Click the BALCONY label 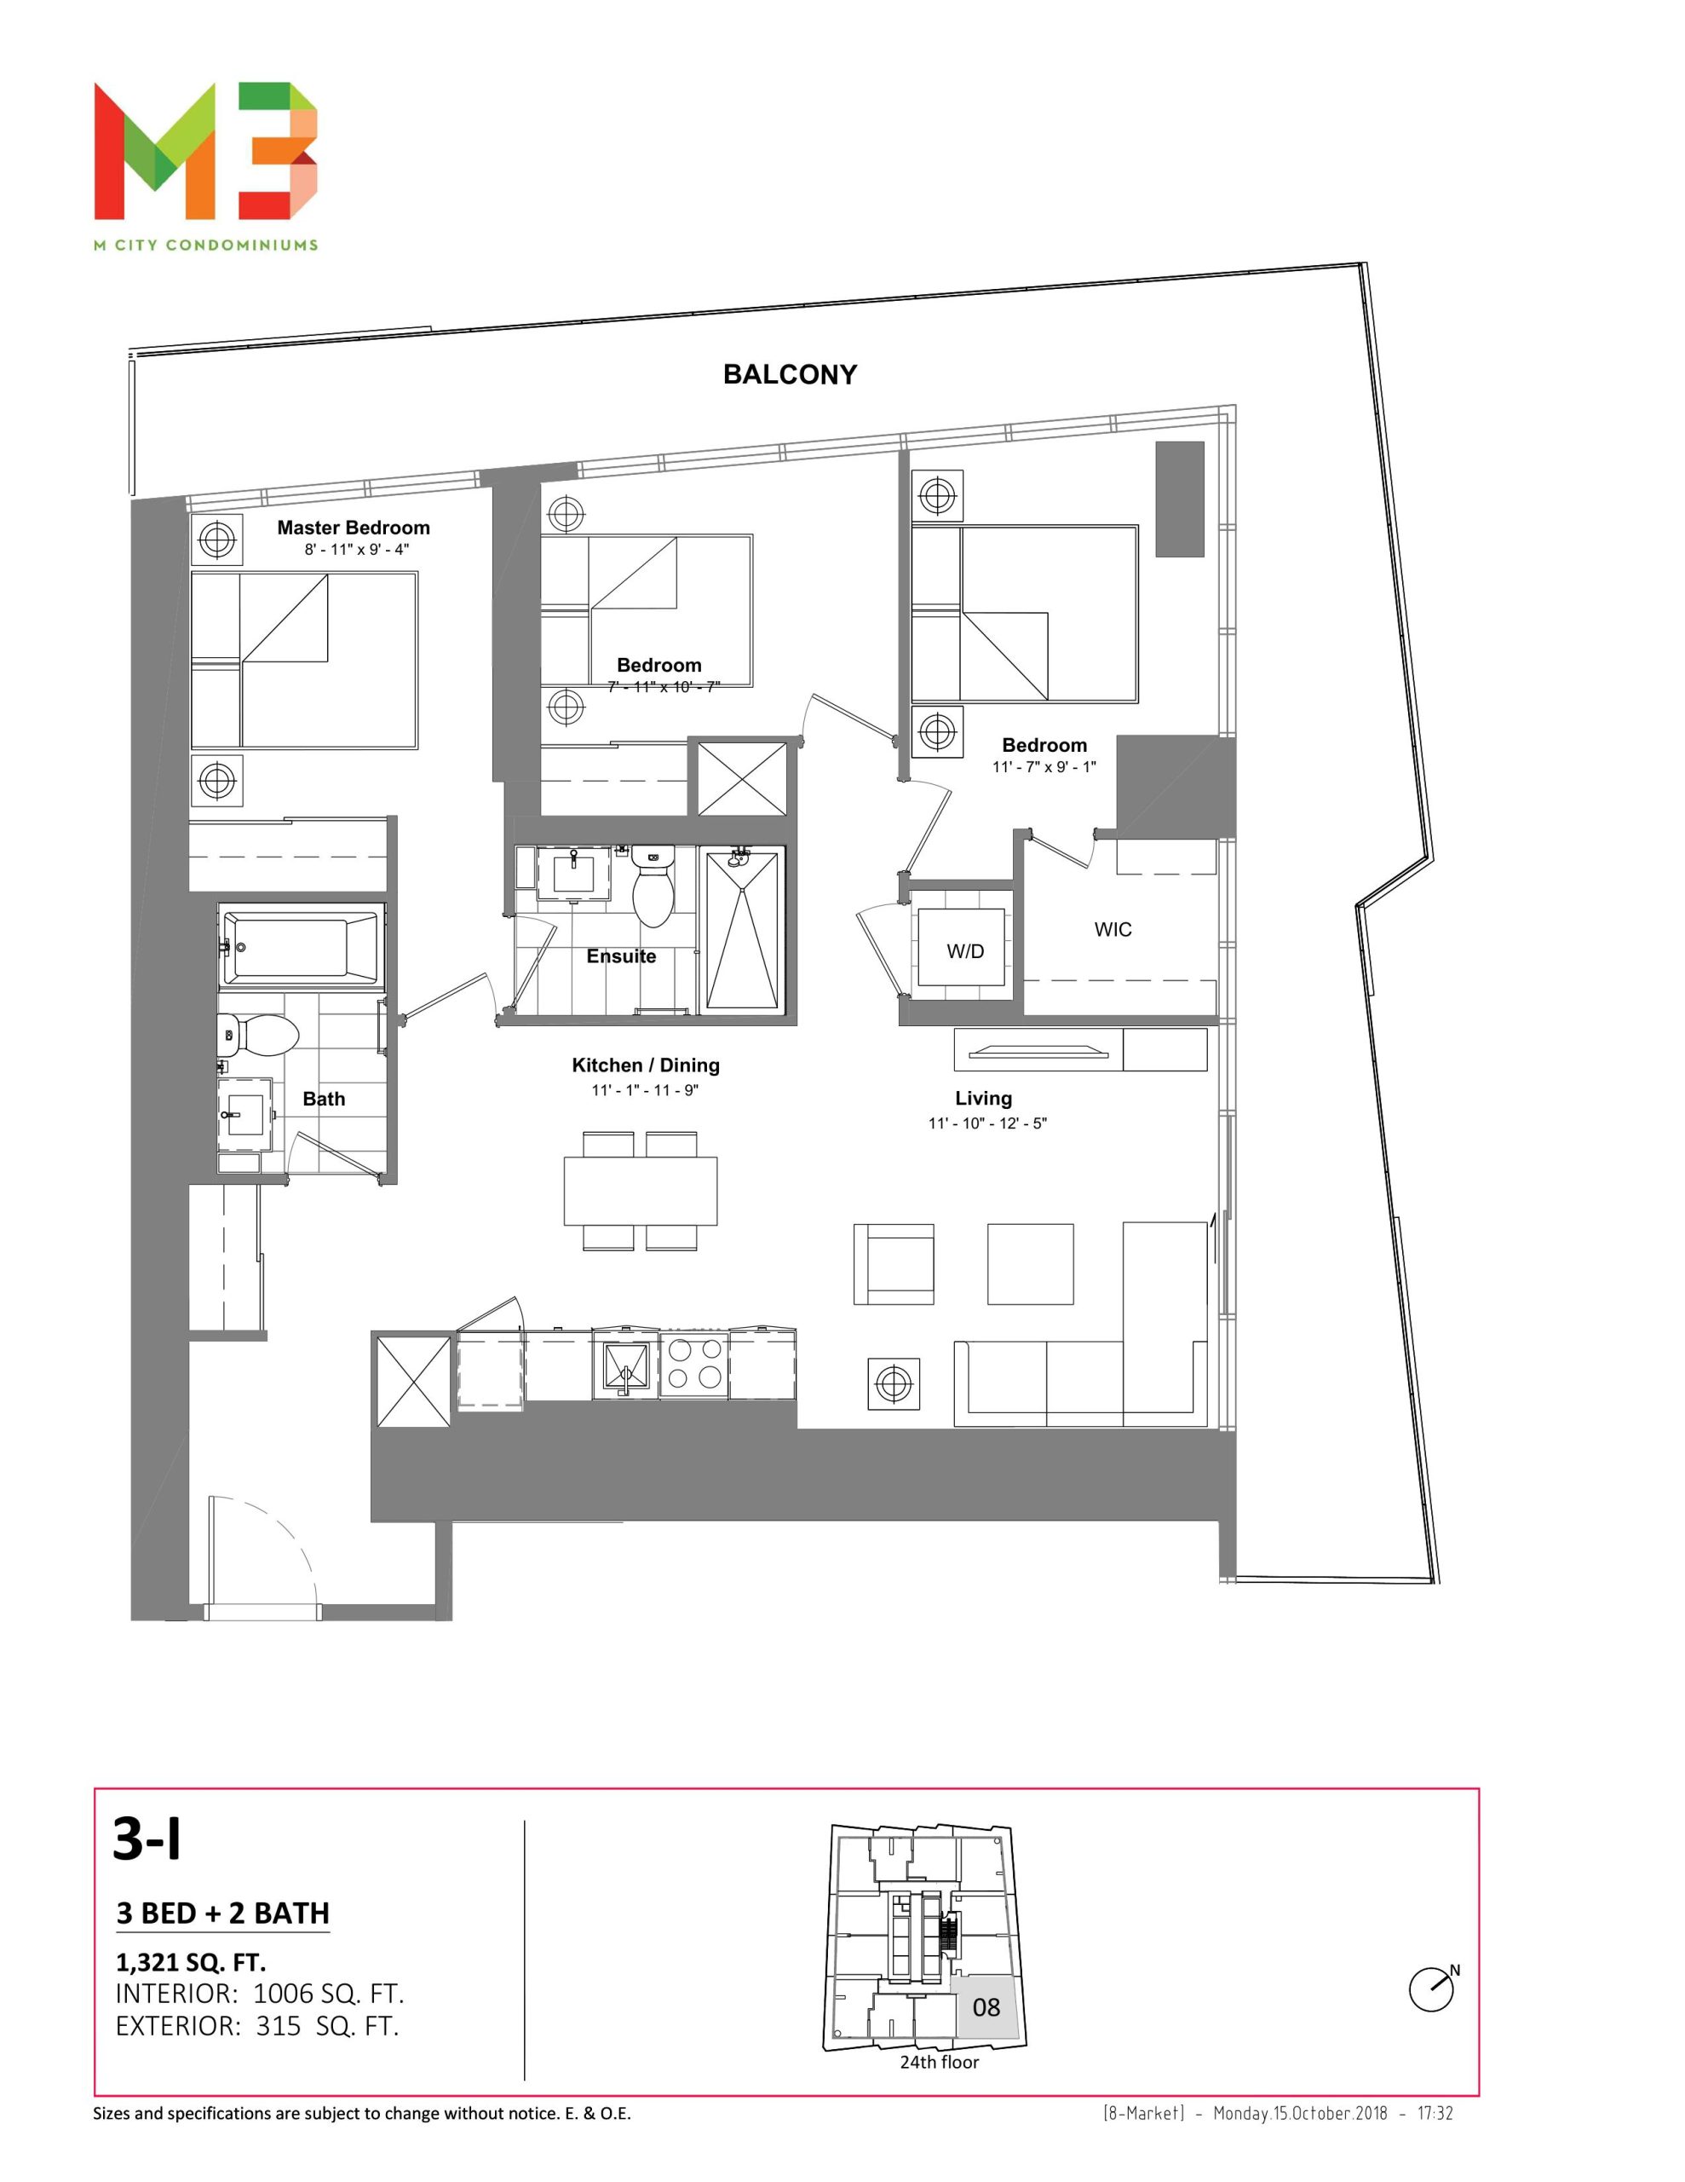[x=789, y=375]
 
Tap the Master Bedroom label [x=354, y=528]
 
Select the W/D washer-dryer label [x=965, y=951]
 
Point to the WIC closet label [x=1113, y=929]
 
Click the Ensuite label [x=621, y=956]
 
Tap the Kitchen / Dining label [x=645, y=1065]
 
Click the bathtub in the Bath [x=301, y=946]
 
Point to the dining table [x=641, y=1191]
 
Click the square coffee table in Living [x=1030, y=1264]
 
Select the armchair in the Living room [x=893, y=1264]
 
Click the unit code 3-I [x=147, y=1839]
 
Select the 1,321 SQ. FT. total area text [x=191, y=1962]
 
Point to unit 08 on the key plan [x=986, y=2007]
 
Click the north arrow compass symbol [x=1432, y=1989]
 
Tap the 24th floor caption [x=939, y=2062]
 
